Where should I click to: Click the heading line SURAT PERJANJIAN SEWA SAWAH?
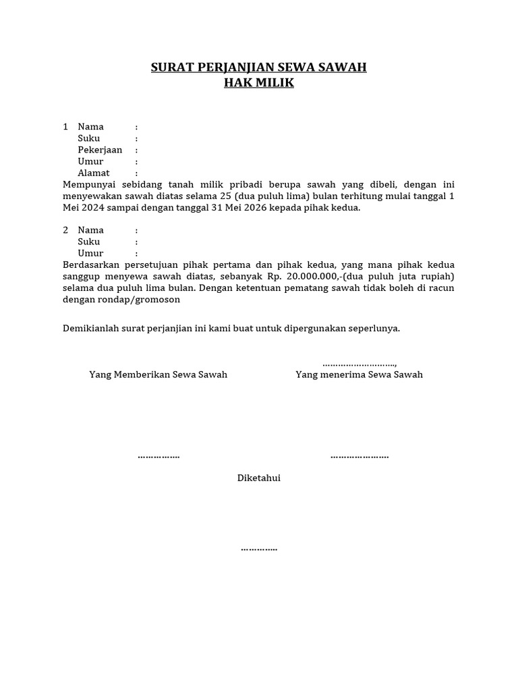259,67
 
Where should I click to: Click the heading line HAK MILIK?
259,83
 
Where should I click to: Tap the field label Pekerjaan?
100,150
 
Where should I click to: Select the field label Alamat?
94,173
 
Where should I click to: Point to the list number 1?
65,127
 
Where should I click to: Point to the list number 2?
65,230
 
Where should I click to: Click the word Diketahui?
259,478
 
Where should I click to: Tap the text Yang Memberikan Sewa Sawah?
159,375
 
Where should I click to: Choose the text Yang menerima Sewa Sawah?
359,375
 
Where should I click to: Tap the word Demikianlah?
92,329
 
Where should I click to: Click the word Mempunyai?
88,184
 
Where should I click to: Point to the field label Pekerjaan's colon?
136,150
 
